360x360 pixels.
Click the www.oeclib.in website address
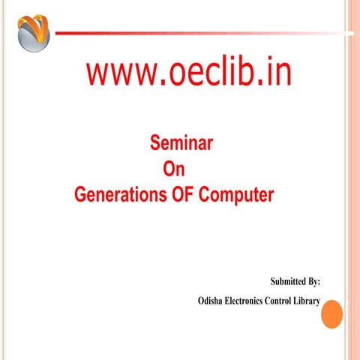pyautogui.click(x=188, y=73)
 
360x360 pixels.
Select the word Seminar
pyautogui.click(x=180, y=142)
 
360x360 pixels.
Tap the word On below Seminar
pyautogui.click(x=173, y=169)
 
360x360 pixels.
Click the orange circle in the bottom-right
pyautogui.click(x=331, y=313)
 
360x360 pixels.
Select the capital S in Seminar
pyautogui.click(x=155, y=142)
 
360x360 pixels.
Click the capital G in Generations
pyautogui.click(x=81, y=196)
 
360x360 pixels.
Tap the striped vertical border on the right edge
pyautogui.click(x=352, y=180)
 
